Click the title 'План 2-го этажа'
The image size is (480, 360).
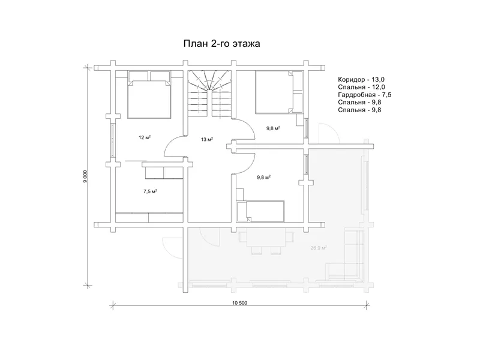click(x=221, y=43)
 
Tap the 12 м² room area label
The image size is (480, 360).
click(x=145, y=137)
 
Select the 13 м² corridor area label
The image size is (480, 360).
click(x=207, y=139)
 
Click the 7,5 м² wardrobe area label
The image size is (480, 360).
click(x=150, y=191)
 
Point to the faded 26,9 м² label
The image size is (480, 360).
click(x=319, y=248)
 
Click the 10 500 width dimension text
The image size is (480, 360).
click(x=239, y=303)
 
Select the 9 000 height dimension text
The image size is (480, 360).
click(x=85, y=176)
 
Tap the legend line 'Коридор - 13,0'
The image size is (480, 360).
click(x=361, y=80)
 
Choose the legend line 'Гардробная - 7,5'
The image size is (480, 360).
click(x=365, y=95)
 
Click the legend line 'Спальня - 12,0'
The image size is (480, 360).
click(x=362, y=87)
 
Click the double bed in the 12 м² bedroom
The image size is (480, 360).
click(x=149, y=95)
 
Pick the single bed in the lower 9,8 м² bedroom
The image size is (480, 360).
click(x=261, y=211)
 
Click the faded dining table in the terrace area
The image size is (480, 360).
click(x=266, y=239)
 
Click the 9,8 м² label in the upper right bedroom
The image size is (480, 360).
click(x=274, y=128)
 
